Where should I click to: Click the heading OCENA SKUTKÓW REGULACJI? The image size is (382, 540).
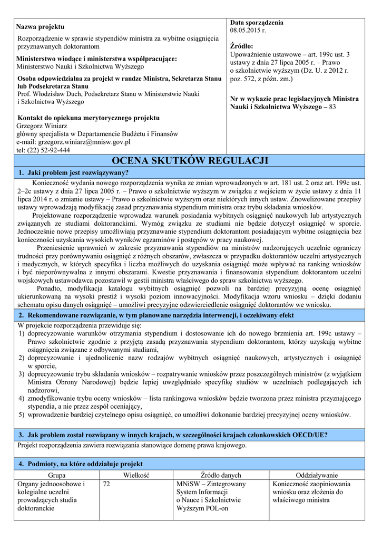point(190,161)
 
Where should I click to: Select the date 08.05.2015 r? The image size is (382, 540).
point(248,31)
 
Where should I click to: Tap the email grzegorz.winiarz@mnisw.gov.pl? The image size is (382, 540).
point(74,142)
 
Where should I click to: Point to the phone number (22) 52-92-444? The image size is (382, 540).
point(47,150)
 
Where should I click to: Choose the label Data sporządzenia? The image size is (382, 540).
point(257,23)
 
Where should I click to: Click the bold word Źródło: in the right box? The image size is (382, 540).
point(242,46)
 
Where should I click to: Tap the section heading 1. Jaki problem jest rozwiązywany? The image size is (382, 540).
point(74,173)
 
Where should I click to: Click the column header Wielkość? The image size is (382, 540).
point(136,475)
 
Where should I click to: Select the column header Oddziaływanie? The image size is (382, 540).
point(317,475)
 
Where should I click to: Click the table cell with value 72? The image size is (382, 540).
point(106,484)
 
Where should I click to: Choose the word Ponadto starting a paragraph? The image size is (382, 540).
point(52,288)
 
